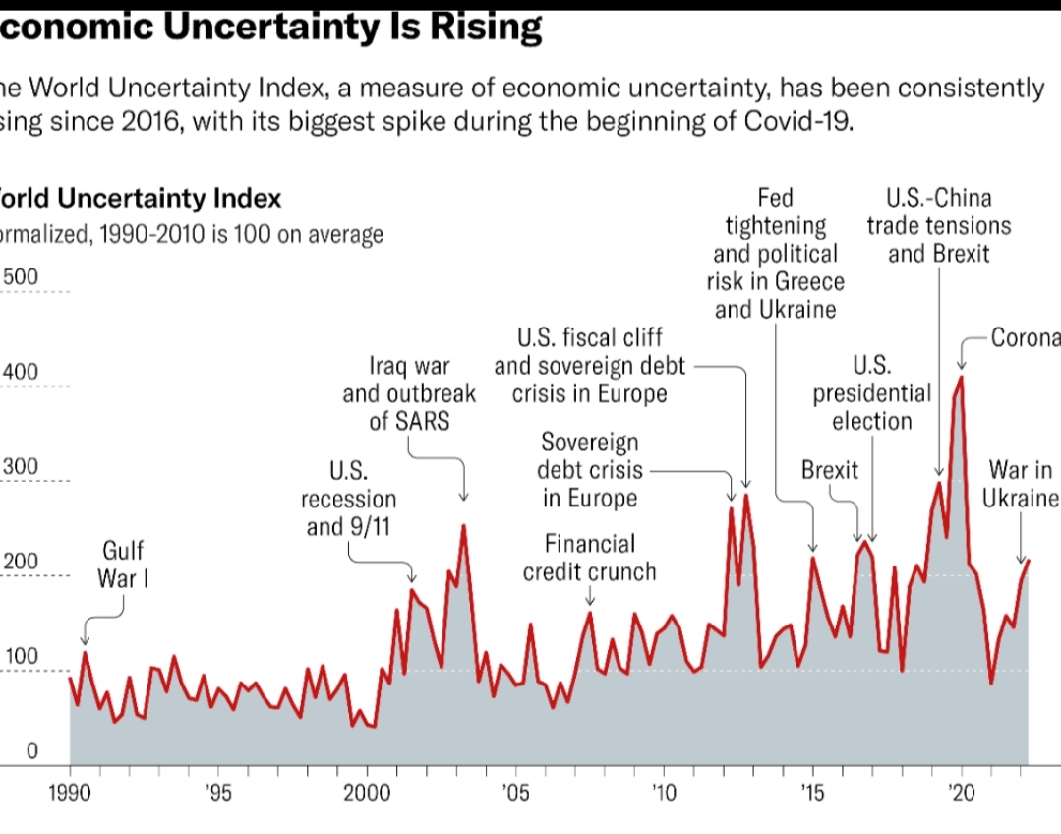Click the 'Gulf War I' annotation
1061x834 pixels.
pos(125,564)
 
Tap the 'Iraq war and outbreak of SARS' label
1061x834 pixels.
pos(409,394)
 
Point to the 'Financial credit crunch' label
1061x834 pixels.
pos(589,558)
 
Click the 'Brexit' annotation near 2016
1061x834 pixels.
pos(830,470)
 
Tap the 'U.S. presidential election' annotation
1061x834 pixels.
pos(871,394)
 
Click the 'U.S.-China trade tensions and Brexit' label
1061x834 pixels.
pos(938,226)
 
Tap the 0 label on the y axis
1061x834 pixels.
pos(31,752)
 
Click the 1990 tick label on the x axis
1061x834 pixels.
pos(70,794)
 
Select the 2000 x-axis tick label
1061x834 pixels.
pos(367,794)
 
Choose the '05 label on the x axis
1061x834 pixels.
pos(514,794)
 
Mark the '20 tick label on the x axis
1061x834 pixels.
pos(961,794)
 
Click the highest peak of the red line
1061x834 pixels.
pos(961,377)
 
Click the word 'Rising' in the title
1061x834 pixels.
pos(484,27)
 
